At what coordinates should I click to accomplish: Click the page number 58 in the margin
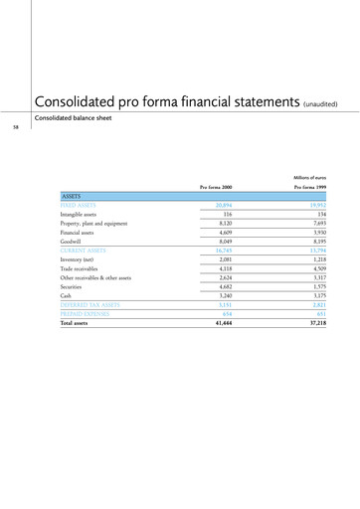pos(15,127)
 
